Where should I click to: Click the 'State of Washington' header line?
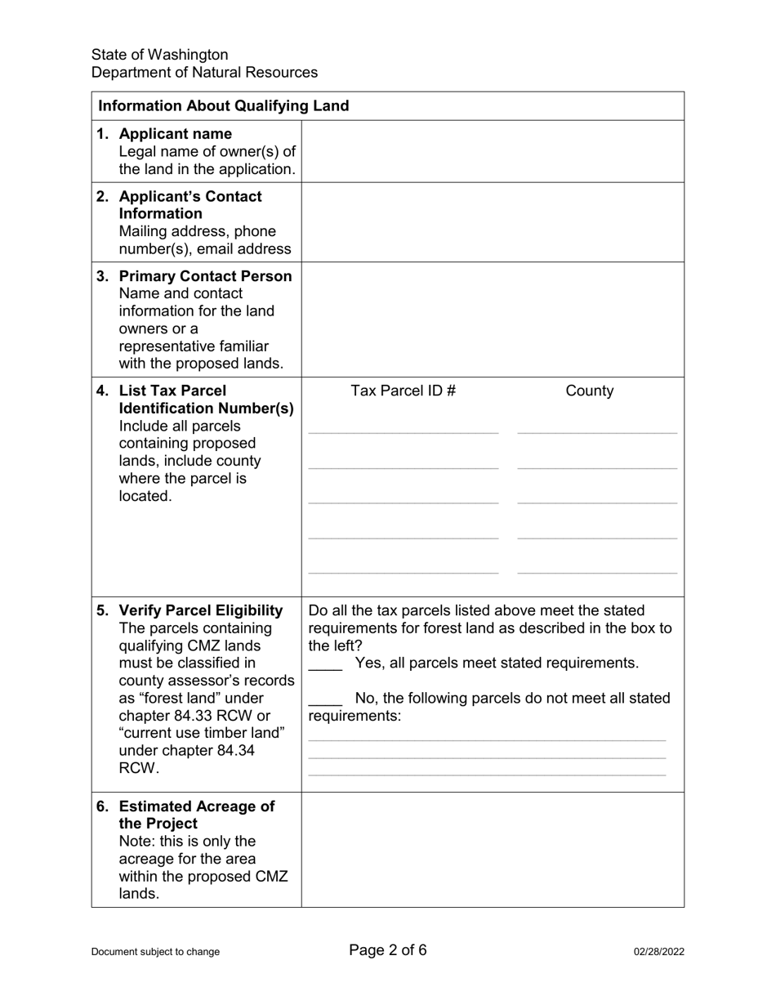[x=160, y=55]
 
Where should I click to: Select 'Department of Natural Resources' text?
[x=204, y=73]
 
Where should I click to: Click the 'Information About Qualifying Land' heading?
[x=223, y=105]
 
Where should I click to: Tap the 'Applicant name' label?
[x=175, y=134]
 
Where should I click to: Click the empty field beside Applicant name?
[x=493, y=151]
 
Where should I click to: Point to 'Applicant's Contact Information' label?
[x=190, y=205]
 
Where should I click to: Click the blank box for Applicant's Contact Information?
[x=493, y=222]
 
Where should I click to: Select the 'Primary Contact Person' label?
[x=205, y=276]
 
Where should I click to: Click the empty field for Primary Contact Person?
[x=493, y=319]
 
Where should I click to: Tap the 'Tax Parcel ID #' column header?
[x=403, y=391]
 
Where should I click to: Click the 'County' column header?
[x=589, y=391]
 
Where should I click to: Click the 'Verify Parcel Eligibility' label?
[x=201, y=611]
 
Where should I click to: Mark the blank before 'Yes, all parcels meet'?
[x=325, y=665]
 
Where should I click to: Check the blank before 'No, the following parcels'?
[x=325, y=700]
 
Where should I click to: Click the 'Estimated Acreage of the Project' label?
[x=196, y=815]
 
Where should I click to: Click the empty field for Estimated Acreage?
[x=493, y=850]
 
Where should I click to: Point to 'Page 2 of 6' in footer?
[x=388, y=949]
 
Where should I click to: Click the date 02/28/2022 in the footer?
[x=658, y=951]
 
